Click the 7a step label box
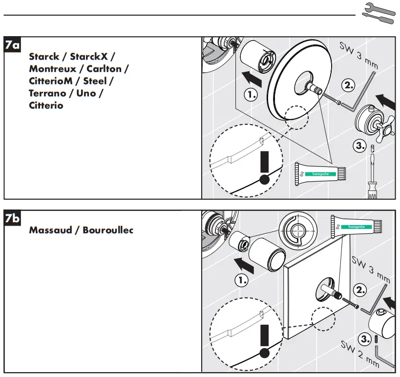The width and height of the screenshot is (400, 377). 12,46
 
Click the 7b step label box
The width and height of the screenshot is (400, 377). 12,218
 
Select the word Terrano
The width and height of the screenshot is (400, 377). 49,93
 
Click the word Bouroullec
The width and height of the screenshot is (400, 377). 108,230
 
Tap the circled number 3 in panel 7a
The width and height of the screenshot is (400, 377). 359,146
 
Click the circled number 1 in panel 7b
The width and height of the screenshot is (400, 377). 242,280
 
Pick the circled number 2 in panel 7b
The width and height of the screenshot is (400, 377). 360,290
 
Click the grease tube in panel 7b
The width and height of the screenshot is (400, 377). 356,226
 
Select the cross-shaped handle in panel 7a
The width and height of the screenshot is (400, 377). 378,125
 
